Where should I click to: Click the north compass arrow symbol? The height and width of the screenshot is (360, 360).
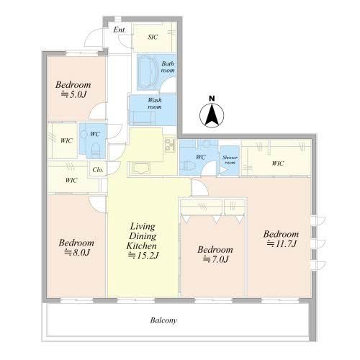tap(212, 115)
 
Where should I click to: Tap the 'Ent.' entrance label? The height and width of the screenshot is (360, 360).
tap(120, 30)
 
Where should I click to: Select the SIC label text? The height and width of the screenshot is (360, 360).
tap(153, 37)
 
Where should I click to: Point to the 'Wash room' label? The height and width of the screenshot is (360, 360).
tap(155, 103)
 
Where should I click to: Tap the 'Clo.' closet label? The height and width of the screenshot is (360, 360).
tap(98, 170)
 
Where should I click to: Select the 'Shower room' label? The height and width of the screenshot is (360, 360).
tap(230, 160)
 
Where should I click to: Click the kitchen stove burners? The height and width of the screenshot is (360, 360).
tap(170, 145)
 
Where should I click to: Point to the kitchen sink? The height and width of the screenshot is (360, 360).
tap(140, 167)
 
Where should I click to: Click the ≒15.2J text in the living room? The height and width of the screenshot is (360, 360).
tap(143, 256)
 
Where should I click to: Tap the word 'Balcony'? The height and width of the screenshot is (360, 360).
tap(163, 320)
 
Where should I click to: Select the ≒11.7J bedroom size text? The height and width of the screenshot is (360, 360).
tap(282, 244)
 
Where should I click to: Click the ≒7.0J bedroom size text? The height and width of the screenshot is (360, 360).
tap(215, 259)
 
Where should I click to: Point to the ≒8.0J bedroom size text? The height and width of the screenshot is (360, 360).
tap(77, 253)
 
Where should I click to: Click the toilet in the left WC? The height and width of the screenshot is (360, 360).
tap(96, 149)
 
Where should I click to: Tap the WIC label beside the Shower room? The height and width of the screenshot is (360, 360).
tap(278, 163)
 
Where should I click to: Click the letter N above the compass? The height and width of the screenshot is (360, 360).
tap(212, 99)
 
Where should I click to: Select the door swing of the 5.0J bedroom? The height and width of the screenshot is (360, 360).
tap(97, 111)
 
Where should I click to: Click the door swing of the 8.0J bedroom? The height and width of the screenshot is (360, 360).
tap(97, 204)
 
